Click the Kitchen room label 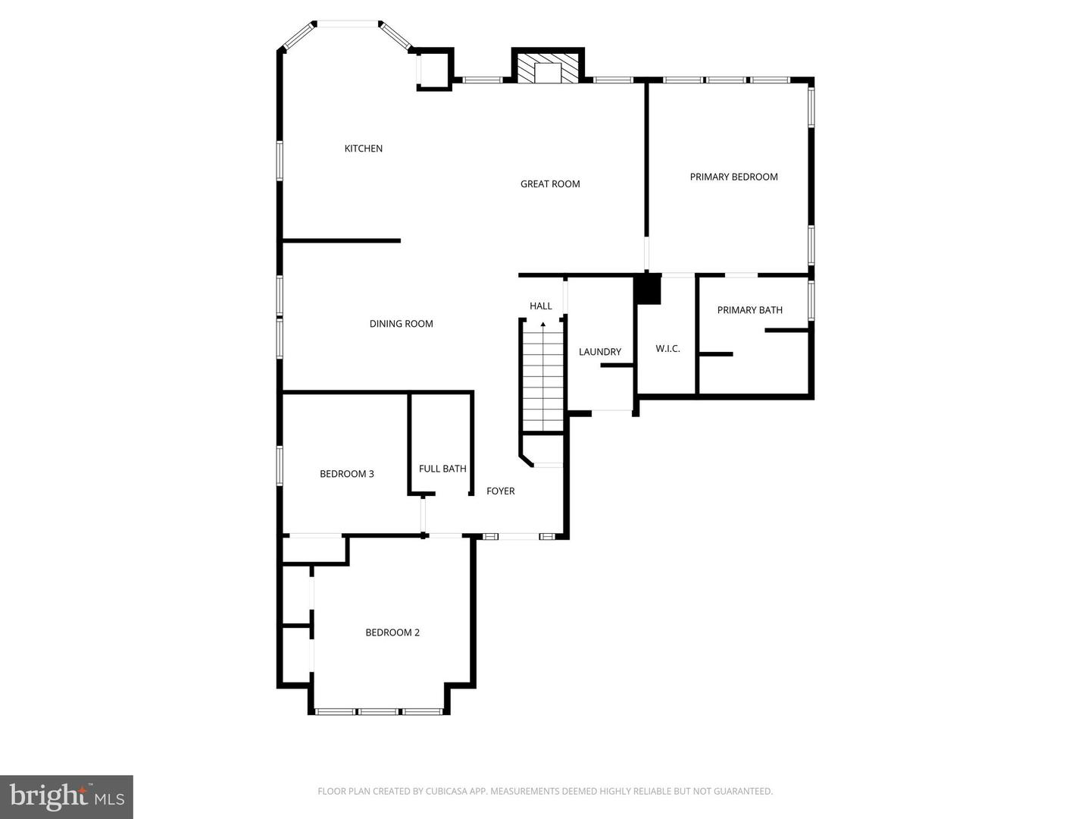point(363,149)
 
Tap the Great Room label point(550,184)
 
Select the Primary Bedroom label point(733,177)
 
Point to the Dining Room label point(401,324)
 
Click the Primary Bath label point(749,310)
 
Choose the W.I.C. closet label point(667,349)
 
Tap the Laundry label point(599,352)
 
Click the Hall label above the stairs point(540,306)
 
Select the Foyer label point(500,491)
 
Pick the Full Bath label point(442,469)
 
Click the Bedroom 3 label point(346,474)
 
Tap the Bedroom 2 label point(392,632)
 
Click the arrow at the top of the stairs point(542,325)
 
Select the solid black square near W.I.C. point(648,290)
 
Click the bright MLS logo point(67,796)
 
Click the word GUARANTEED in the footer point(743,792)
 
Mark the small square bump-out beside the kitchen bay point(435,70)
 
